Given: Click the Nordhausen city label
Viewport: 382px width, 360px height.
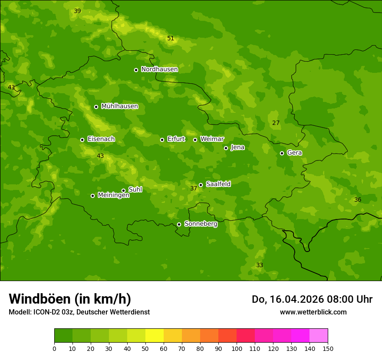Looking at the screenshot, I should (159, 69).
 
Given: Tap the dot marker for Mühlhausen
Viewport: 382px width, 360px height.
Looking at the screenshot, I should (96, 107).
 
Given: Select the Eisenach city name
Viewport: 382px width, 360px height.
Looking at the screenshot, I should (101, 139).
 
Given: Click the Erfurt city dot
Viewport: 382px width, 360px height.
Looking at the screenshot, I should (162, 140).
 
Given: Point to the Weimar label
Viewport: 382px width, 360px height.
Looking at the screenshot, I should (212, 139).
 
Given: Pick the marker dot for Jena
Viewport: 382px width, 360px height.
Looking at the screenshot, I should (226, 148).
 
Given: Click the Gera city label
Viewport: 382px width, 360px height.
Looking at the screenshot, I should (294, 153).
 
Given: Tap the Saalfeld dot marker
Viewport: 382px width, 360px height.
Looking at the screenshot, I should (201, 185).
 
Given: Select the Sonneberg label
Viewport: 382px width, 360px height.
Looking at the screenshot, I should (201, 224).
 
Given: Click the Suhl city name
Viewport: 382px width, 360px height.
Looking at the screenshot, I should (135, 190).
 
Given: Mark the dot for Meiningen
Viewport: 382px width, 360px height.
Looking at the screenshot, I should (92, 196).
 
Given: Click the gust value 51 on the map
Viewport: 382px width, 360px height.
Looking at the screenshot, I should (171, 39).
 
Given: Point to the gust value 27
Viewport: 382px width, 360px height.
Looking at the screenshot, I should (276, 123).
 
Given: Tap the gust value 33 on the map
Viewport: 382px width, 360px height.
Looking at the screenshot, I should (259, 265).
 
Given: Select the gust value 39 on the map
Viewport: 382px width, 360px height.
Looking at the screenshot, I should (77, 11).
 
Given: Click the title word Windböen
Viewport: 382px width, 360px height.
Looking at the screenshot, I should (39, 299).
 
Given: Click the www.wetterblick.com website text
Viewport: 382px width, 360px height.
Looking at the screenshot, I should (313, 312).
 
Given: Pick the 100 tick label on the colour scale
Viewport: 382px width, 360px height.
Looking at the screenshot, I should (237, 348).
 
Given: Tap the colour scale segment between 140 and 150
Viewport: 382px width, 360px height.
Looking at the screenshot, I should (319, 336).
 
